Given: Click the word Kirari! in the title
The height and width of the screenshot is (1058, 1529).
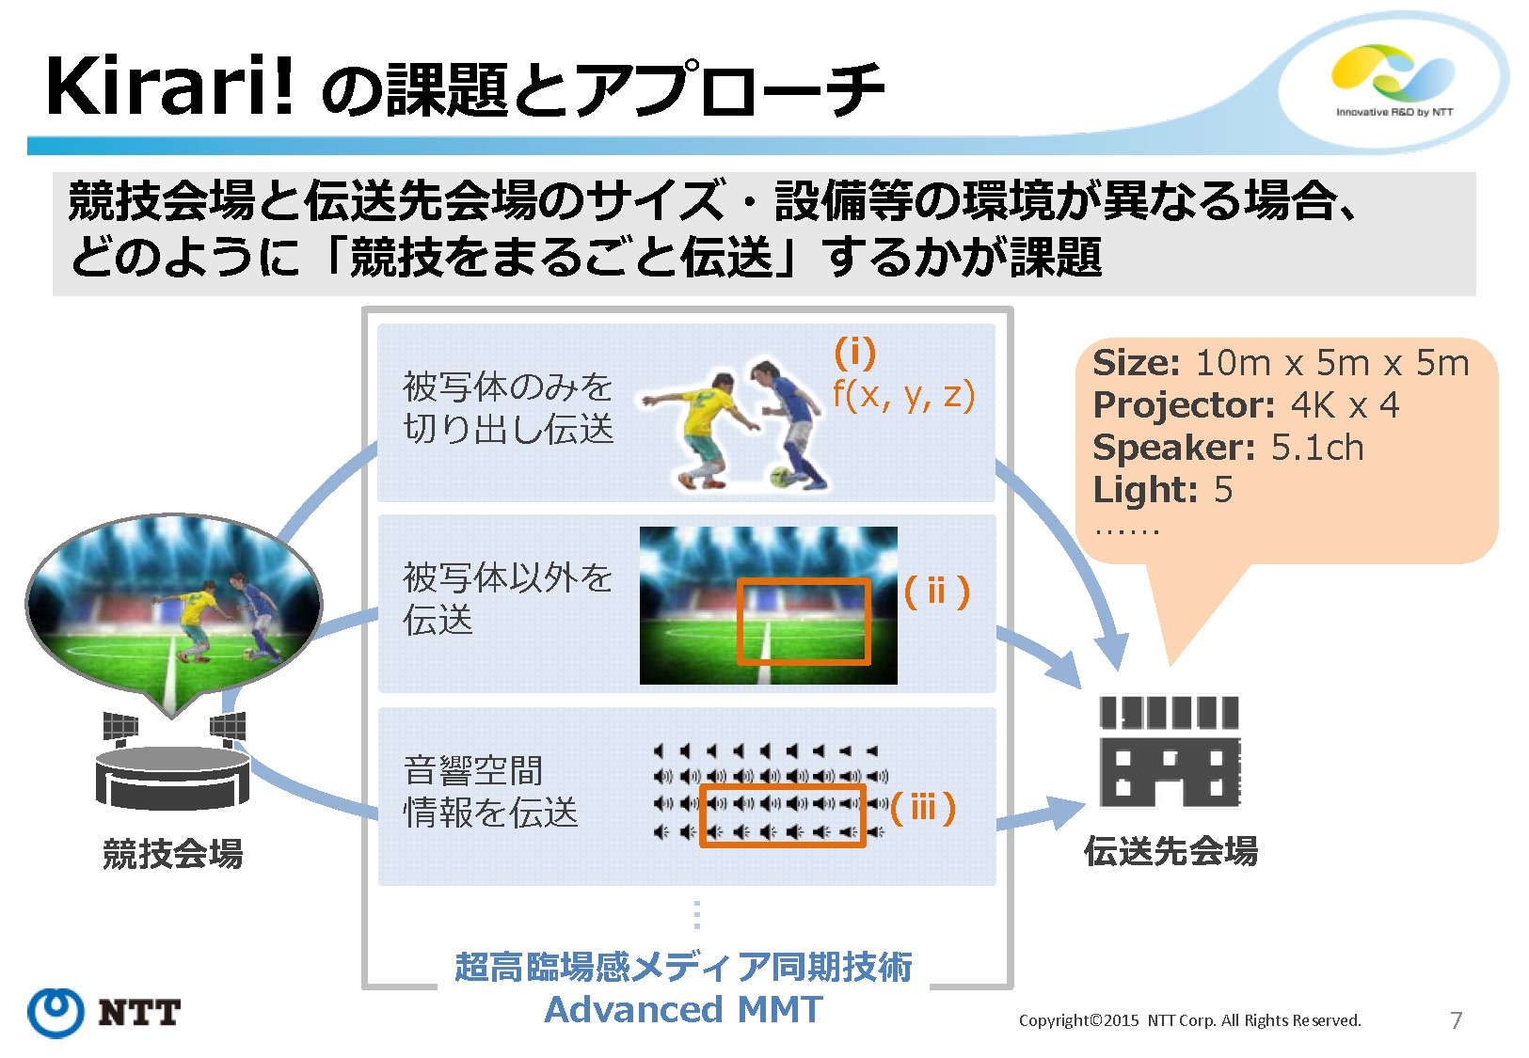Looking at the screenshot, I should click(169, 87).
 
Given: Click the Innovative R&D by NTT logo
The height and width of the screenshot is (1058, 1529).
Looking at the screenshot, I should click(1394, 81).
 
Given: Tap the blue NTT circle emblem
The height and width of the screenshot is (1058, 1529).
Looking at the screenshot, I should click(56, 1012).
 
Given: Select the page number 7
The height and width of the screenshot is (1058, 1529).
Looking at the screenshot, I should click(1456, 1020).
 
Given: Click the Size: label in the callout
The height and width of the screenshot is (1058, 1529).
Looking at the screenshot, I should click(1136, 363).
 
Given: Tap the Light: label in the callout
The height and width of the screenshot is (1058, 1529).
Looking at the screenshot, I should click(1145, 490).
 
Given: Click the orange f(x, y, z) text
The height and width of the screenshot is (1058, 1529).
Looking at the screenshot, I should click(903, 395).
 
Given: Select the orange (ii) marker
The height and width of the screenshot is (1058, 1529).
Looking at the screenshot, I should click(936, 592).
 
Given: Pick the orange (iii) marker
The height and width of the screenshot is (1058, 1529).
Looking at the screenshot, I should click(923, 807).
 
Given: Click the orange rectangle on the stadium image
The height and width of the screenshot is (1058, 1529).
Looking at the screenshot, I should click(804, 622).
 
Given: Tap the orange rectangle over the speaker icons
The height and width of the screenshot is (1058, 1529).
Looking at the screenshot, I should click(782, 817).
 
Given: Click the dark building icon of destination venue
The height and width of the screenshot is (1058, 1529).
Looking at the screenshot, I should click(1170, 751).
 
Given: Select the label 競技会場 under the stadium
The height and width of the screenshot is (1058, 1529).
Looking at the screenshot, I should click(173, 854).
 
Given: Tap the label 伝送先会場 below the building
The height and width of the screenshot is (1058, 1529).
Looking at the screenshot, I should click(1171, 851).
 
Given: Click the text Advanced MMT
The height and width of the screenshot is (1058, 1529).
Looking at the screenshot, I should click(684, 1009).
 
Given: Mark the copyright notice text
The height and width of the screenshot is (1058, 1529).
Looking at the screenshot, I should click(1189, 1020).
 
